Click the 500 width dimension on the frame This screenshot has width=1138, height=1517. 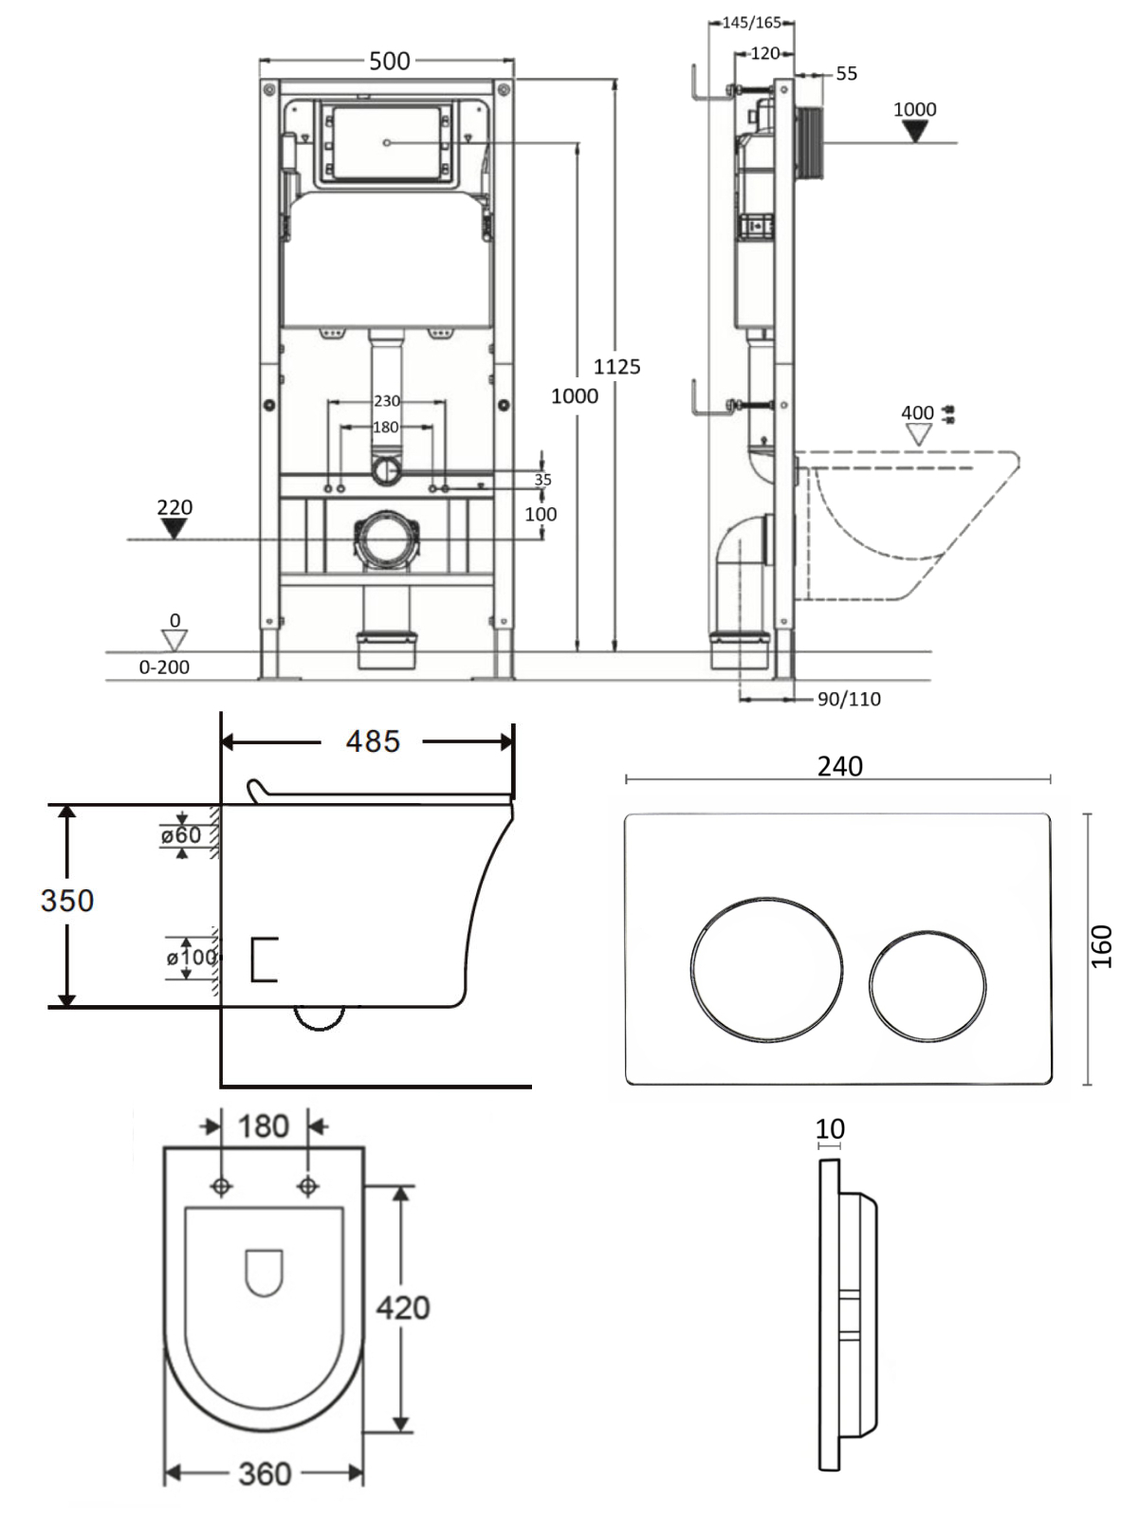(x=389, y=61)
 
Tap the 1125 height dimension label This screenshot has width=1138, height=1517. (x=617, y=366)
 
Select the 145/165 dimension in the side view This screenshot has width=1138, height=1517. (x=752, y=23)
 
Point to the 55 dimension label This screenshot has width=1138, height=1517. (x=847, y=73)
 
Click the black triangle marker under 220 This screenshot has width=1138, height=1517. (x=174, y=529)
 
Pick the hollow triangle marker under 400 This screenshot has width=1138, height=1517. (x=919, y=434)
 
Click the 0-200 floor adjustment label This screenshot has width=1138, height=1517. (x=164, y=667)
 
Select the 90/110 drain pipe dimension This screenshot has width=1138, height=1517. (x=849, y=699)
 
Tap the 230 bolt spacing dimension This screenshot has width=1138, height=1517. (x=387, y=401)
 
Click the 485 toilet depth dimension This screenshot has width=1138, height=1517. (x=373, y=741)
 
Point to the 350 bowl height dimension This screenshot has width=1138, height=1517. (x=67, y=901)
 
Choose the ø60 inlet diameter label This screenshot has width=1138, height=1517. (x=181, y=835)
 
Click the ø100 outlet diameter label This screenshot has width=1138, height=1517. (x=192, y=958)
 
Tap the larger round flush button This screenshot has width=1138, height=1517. (x=766, y=969)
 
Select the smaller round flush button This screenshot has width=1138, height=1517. (x=927, y=986)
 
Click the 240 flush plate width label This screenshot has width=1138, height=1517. (x=839, y=766)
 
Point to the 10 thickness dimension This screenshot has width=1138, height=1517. (x=830, y=1128)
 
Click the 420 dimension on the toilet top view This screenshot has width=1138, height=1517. (x=403, y=1307)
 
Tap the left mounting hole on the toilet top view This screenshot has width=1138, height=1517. (x=221, y=1186)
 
